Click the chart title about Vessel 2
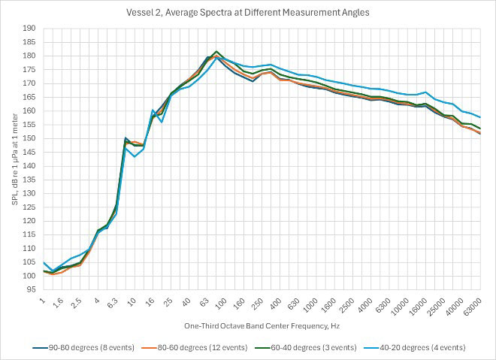tap(247, 12)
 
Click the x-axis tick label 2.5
tap(76, 306)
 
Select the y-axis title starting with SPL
tap(11, 159)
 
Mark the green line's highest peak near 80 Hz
tap(216, 51)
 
